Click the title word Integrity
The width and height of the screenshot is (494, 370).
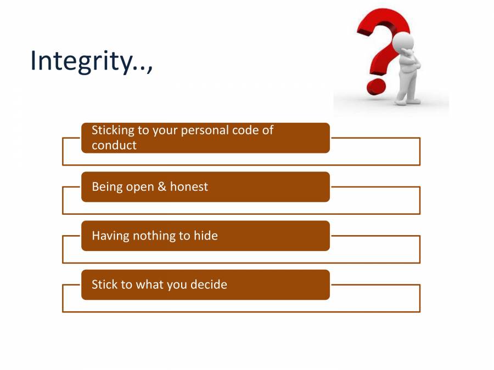[80, 60]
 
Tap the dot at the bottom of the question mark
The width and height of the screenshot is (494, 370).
[377, 87]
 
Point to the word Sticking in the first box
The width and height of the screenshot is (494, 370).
[113, 130]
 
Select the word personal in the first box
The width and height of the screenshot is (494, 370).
[204, 130]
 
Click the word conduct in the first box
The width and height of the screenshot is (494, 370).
[114, 145]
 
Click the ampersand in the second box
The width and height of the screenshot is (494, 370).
[162, 187]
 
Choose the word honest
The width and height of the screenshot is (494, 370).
[189, 187]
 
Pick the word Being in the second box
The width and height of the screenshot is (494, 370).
[107, 187]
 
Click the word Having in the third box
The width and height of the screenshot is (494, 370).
[110, 236]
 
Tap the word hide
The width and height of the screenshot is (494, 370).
[206, 236]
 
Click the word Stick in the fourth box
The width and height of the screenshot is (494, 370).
[104, 285]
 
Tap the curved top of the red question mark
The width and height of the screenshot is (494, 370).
[384, 22]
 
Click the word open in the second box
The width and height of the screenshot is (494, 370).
[140, 187]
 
